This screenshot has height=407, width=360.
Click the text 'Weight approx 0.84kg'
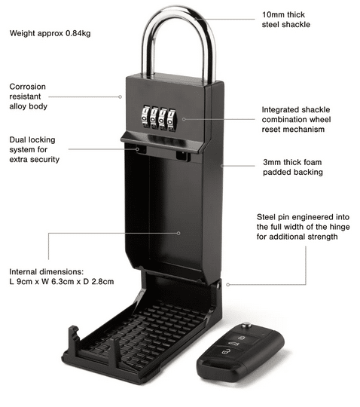(x=50, y=33)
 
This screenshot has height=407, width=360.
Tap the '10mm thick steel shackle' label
(x=286, y=20)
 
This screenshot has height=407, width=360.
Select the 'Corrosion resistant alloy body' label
(x=29, y=96)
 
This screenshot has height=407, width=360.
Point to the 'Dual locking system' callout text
(x=34, y=149)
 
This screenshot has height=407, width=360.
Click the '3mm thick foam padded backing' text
(x=293, y=167)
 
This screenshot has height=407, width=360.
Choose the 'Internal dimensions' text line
(x=47, y=272)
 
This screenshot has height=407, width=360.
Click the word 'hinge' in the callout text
(x=340, y=227)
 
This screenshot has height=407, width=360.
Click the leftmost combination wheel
(x=145, y=117)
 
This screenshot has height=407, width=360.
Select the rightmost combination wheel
(x=172, y=121)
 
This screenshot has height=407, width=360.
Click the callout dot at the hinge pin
(x=227, y=285)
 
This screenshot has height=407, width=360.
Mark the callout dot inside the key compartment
(x=178, y=233)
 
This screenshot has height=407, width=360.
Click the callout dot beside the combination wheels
(x=184, y=119)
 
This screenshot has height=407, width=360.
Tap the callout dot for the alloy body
(x=120, y=96)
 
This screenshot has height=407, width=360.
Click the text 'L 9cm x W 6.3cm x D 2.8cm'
(x=62, y=282)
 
